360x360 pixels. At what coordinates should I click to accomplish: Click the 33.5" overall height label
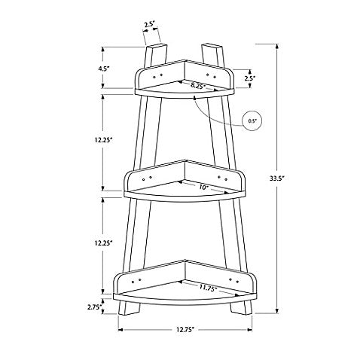coord(276,178)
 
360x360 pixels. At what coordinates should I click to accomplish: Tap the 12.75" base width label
coord(185,329)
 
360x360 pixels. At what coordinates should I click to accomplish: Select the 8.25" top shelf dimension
coord(198,85)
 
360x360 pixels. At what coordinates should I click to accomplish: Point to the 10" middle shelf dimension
coord(204,188)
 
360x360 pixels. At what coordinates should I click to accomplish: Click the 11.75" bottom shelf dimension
coord(208,288)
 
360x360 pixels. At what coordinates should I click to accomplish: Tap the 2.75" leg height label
coord(95,307)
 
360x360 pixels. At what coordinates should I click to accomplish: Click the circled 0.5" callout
coord(252,121)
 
